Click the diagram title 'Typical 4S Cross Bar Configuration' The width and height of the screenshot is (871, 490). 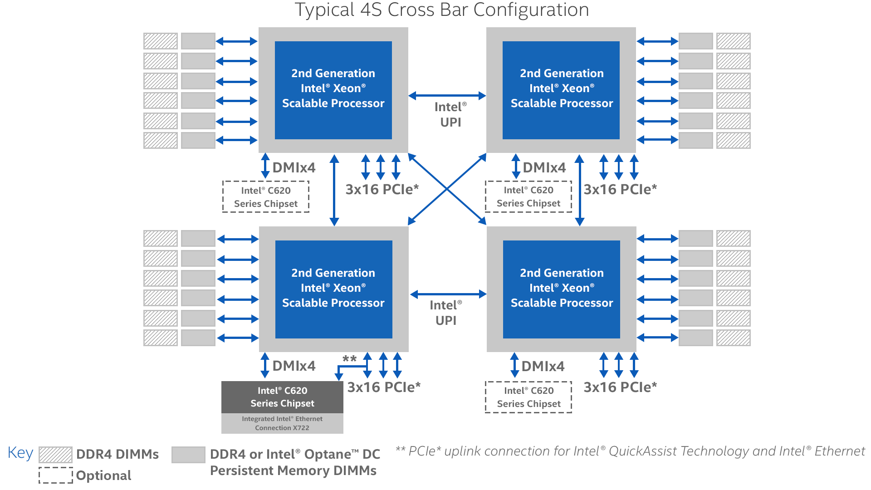442,10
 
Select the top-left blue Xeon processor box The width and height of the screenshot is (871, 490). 333,90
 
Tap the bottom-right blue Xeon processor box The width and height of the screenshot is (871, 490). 562,289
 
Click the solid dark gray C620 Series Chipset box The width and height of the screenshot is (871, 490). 282,397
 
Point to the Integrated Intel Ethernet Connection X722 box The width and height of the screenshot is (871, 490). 282,423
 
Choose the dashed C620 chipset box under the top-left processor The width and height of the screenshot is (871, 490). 266,197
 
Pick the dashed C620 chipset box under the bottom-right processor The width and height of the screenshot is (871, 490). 528,397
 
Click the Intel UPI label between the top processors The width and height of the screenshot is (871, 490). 450,114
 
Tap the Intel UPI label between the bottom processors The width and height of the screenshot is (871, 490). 446,313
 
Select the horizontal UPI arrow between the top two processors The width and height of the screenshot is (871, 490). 447,96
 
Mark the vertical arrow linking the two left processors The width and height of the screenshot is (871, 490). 334,190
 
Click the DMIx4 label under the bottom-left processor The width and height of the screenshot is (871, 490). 294,366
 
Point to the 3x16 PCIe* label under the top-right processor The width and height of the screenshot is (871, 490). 620,189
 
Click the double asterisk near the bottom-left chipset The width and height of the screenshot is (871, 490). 349,359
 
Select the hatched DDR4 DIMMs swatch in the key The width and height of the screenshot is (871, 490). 55,454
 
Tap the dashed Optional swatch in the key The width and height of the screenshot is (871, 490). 55,475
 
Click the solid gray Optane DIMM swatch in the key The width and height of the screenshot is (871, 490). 188,455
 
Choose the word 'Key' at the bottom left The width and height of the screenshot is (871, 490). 20,453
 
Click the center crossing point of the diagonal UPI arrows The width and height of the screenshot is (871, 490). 447,189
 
